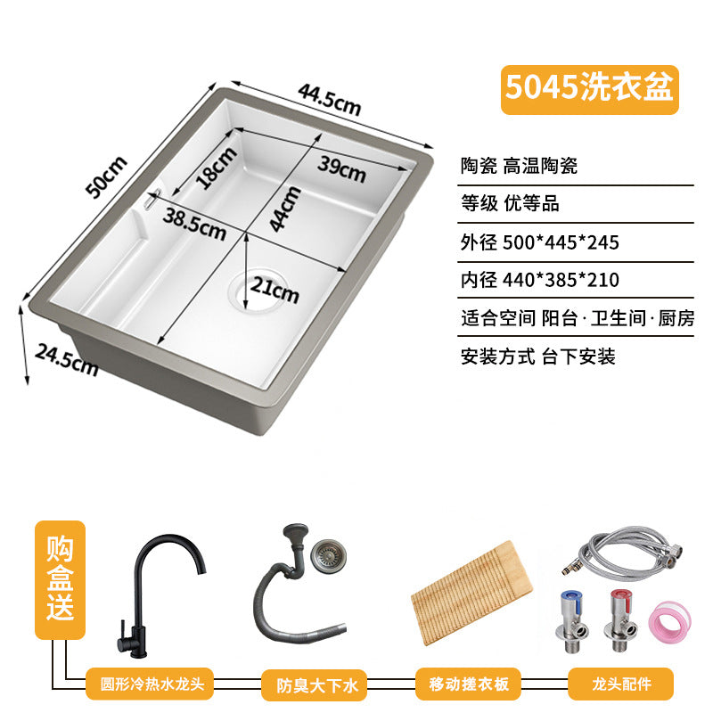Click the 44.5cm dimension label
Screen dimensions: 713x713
[330, 100]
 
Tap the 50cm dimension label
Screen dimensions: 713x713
[106, 176]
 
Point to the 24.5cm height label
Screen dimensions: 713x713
[66, 360]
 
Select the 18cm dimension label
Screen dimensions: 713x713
[217, 168]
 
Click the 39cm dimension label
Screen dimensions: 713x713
[341, 168]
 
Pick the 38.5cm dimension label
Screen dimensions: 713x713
[194, 224]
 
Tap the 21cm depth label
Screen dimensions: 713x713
[275, 289]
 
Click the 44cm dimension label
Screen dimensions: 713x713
[284, 209]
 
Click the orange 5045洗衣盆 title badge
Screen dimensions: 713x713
[590, 90]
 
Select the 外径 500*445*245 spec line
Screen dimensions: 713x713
[540, 242]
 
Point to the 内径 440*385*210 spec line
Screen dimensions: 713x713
[540, 280]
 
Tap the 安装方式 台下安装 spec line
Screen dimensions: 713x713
[538, 356]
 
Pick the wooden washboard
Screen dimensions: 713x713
[471, 593]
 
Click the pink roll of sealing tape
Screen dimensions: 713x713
[669, 620]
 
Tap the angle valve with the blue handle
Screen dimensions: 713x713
[571, 620]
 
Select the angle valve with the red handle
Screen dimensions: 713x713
[620, 620]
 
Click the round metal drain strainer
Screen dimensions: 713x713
[328, 555]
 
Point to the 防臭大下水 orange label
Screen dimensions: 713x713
[315, 685]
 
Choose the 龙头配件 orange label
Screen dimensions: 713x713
[620, 684]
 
